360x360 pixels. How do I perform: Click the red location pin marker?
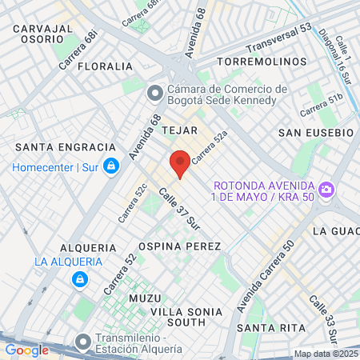point(180,162)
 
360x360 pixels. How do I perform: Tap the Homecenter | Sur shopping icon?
point(111,166)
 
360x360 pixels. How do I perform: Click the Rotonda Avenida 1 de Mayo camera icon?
point(326,190)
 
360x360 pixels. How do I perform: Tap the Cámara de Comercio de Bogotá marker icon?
point(154,94)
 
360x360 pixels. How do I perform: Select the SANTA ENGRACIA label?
point(66,147)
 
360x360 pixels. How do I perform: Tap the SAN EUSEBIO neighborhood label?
point(315,131)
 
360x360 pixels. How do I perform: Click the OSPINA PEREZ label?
point(180,246)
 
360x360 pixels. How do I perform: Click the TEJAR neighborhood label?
point(178,129)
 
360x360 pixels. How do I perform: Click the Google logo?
point(26,350)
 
